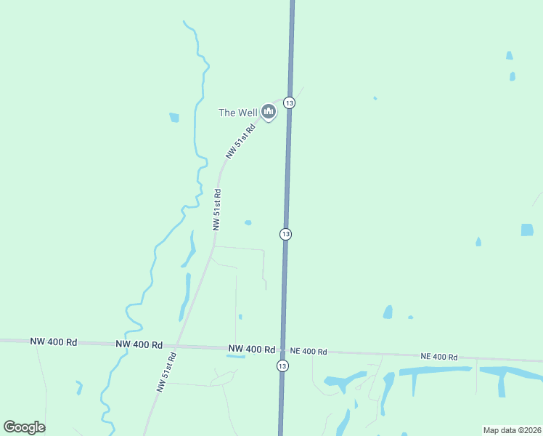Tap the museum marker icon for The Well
click(x=269, y=111)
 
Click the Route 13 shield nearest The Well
click(x=289, y=103)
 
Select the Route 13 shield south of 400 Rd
click(x=282, y=366)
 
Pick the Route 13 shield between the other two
click(x=285, y=234)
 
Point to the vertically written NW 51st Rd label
click(x=217, y=209)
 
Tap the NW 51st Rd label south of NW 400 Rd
click(x=166, y=373)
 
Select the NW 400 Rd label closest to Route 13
click(x=251, y=349)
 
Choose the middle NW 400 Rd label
click(x=139, y=344)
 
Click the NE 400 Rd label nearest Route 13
click(x=308, y=351)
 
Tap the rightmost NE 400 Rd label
click(x=438, y=357)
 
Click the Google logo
click(x=24, y=427)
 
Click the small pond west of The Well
click(x=174, y=118)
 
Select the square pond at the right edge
click(x=527, y=230)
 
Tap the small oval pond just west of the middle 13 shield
click(x=248, y=222)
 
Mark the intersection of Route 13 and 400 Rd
click(x=282, y=350)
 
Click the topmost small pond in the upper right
click(x=509, y=55)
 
